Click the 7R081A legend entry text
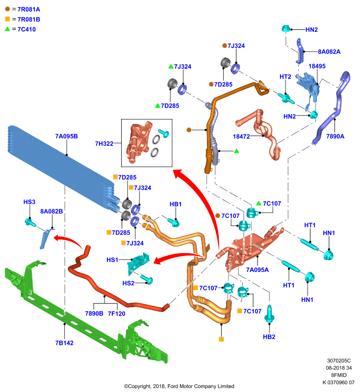click(29, 9)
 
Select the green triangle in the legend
click(7, 29)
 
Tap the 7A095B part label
click(66, 136)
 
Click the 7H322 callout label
click(104, 144)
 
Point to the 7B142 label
click(64, 343)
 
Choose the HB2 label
click(269, 337)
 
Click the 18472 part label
click(241, 137)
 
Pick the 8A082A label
click(329, 52)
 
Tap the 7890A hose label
click(335, 136)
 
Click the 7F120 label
click(116, 314)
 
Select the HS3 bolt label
click(29, 202)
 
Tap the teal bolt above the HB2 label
click(269, 314)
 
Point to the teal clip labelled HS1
click(138, 261)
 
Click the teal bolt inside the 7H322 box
click(164, 133)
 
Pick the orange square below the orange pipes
click(221, 339)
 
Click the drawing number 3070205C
click(339, 361)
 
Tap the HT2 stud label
click(285, 77)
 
